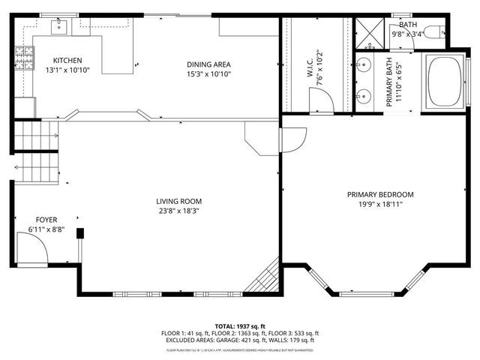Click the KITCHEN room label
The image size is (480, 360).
click(x=67, y=60)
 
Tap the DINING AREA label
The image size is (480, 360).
click(x=208, y=64)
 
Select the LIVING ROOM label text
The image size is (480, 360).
click(x=178, y=201)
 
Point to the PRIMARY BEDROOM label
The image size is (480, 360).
click(x=380, y=195)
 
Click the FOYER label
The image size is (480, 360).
click(x=46, y=220)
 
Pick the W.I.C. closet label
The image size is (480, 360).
click(x=310, y=66)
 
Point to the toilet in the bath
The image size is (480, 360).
click(x=439, y=32)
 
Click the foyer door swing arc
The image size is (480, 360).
click(x=32, y=247)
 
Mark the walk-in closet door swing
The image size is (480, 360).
click(x=320, y=99)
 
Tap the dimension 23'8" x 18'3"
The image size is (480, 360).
click(x=178, y=211)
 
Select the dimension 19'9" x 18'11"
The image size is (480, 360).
click(x=380, y=205)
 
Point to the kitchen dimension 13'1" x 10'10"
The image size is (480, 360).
click(x=67, y=70)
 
